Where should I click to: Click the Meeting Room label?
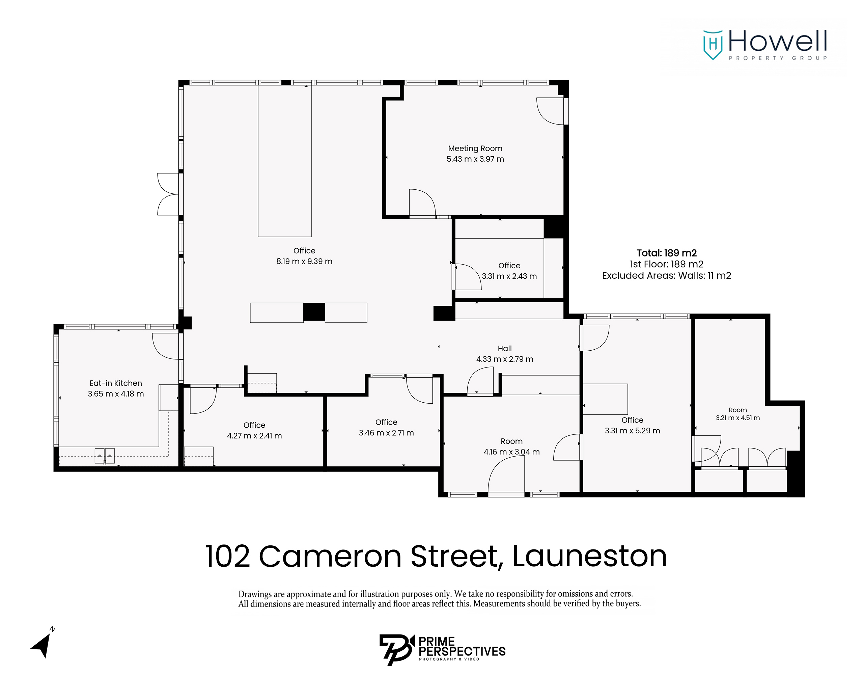475,148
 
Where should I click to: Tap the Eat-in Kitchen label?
115,383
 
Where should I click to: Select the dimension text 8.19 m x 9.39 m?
304,261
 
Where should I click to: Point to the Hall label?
504,349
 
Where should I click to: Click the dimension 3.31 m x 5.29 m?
632,430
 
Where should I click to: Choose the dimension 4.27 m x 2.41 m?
254,436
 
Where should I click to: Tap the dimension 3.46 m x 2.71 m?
386,433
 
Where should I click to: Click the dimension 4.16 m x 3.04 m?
511,452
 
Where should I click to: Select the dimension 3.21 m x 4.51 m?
738,418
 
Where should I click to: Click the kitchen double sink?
105,456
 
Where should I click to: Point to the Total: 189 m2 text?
667,253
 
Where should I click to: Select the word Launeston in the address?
589,556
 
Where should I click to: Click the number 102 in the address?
227,556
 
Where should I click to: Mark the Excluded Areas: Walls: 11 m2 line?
667,275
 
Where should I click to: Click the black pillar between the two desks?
314,312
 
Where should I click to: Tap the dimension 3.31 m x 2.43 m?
509,276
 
